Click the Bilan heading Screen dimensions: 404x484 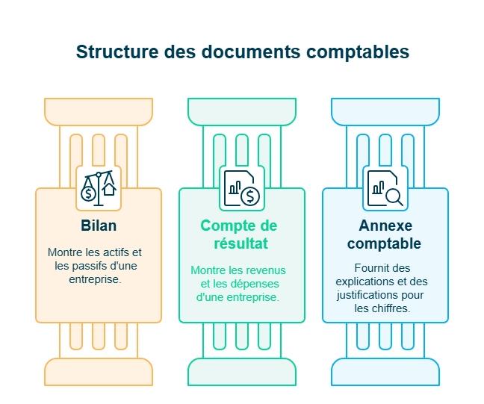point(99,226)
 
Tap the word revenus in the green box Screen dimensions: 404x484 point(269,270)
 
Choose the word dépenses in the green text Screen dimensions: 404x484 point(258,283)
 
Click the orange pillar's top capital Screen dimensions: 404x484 point(99,112)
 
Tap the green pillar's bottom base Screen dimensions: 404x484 point(241,371)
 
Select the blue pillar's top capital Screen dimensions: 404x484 point(385,112)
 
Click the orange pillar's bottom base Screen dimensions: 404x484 point(99,371)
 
